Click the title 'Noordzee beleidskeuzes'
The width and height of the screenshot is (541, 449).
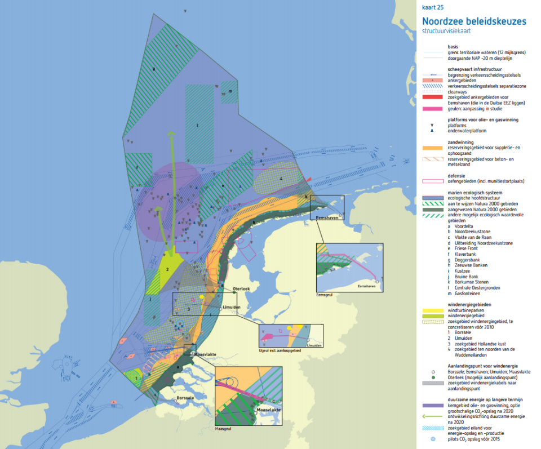click(x=474, y=21)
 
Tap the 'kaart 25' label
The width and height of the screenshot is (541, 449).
click(x=432, y=7)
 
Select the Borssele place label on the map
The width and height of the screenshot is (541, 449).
click(x=185, y=398)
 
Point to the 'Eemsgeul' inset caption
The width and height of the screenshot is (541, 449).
click(x=325, y=294)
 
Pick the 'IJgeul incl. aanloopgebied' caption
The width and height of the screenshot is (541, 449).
click(x=278, y=350)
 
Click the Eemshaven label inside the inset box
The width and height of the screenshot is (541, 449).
click(x=367, y=287)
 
